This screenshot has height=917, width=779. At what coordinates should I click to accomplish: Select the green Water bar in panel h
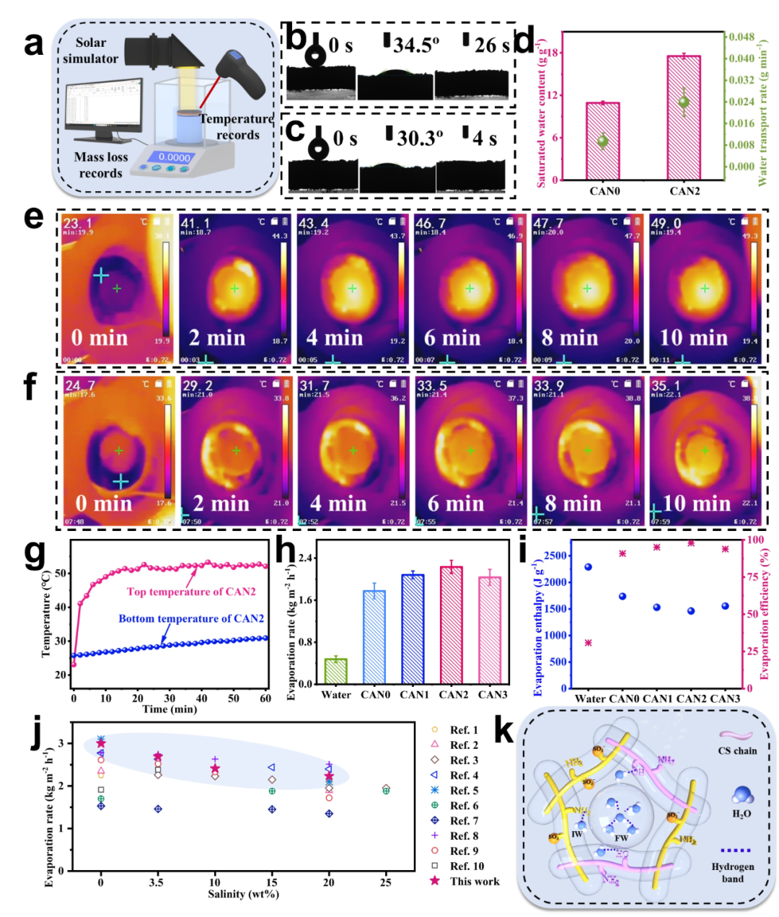pos(336,671)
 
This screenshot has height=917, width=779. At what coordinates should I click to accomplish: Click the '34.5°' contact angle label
pos(416,46)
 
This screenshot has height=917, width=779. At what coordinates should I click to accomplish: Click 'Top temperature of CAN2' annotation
pos(191,592)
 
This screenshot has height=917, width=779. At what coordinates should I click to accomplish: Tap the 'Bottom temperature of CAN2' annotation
pos(191,618)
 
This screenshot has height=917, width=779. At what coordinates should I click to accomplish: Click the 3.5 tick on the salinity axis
pos(158,882)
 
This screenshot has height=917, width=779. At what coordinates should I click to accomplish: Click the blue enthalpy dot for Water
pos(588,567)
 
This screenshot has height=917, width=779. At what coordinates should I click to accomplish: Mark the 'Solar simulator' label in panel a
pos(90,51)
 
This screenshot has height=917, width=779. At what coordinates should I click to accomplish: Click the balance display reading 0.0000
pos(174,157)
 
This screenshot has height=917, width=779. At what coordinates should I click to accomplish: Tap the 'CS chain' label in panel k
pos(737,750)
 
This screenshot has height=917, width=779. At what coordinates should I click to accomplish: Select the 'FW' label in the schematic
pos(621,838)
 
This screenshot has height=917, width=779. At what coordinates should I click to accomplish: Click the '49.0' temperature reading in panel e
pos(666,224)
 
